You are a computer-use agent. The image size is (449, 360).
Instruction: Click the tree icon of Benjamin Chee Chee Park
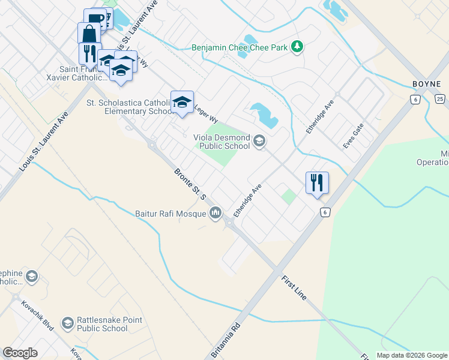(296, 46)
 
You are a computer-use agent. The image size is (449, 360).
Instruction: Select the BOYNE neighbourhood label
(427, 83)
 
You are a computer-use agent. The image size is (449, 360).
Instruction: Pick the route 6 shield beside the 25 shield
(415, 99)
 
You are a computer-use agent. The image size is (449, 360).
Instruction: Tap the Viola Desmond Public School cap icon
(259, 142)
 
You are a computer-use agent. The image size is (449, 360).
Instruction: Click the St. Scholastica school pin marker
(182, 102)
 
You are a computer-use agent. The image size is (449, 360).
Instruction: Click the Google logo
(20, 353)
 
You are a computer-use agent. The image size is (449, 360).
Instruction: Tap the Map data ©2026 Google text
(411, 355)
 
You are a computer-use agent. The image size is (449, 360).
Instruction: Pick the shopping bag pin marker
(89, 34)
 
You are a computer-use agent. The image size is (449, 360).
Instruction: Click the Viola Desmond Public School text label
(221, 142)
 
